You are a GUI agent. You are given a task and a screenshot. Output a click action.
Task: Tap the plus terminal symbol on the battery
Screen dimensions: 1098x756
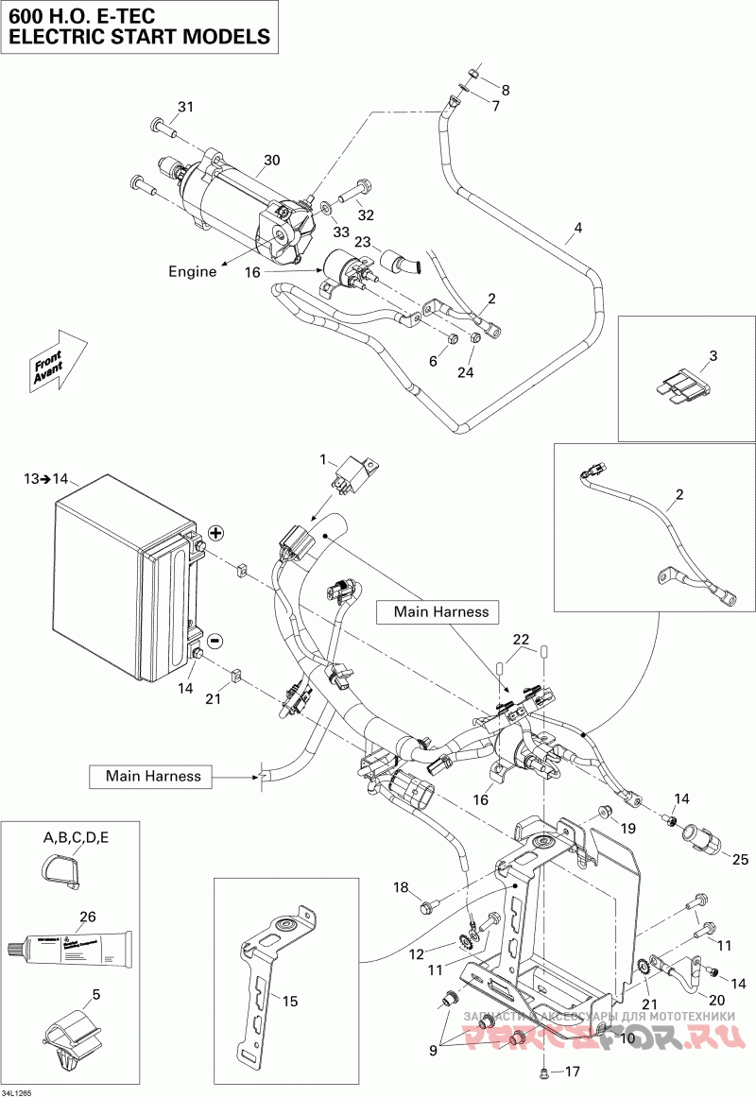[x=215, y=533]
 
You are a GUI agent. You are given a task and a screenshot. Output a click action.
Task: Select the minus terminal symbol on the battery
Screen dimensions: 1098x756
[x=215, y=640]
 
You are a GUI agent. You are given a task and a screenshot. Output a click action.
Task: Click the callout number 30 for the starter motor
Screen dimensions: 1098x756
[x=272, y=161]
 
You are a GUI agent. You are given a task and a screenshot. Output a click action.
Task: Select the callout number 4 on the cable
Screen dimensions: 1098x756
[x=578, y=228]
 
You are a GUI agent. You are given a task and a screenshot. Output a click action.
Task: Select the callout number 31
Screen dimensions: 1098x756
[x=185, y=107]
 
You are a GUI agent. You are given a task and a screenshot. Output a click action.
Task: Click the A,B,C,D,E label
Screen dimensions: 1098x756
[x=77, y=837]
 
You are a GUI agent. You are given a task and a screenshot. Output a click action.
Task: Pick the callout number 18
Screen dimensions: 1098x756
[x=401, y=886]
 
